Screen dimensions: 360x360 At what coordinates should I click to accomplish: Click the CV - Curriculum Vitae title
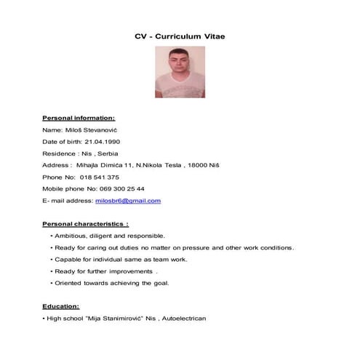tap(180, 36)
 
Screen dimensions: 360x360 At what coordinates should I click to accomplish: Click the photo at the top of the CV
tap(180, 72)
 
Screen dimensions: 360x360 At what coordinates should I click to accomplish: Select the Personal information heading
tap(79, 117)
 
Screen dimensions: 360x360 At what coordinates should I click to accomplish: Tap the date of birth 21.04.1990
tap(102, 141)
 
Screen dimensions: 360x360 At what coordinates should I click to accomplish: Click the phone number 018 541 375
tap(100, 177)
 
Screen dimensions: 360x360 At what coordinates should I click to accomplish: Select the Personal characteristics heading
tap(85, 224)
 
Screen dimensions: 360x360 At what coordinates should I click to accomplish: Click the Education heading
tap(61, 306)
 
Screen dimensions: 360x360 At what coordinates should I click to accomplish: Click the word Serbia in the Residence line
tap(108, 153)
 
